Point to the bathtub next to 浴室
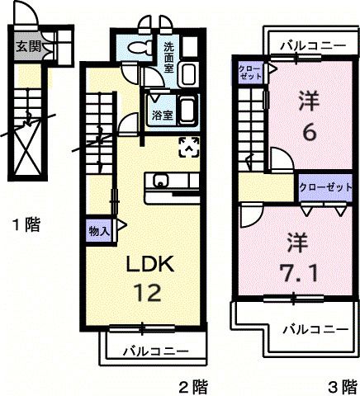(x=187, y=109)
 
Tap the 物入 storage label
(x=99, y=232)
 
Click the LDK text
(x=149, y=266)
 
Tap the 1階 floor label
(x=26, y=223)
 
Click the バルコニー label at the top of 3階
(x=311, y=46)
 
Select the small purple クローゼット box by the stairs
(x=248, y=71)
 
